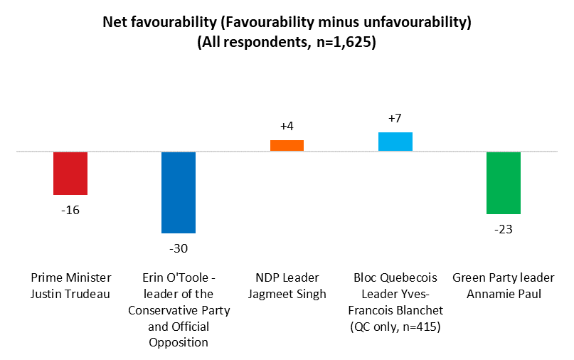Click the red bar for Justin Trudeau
click(x=70, y=173)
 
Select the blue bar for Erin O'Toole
click(x=179, y=192)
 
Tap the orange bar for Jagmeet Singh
click(x=287, y=145)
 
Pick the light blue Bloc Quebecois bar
click(x=395, y=142)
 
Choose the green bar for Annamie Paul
click(x=504, y=183)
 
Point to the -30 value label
click(x=179, y=248)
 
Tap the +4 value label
click(x=287, y=126)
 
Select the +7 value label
click(x=395, y=117)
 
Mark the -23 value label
click(x=504, y=229)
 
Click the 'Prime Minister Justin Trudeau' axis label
click(x=70, y=285)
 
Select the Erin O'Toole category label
click(x=179, y=309)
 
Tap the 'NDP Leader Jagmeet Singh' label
click(x=287, y=285)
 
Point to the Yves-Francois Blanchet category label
click(x=395, y=293)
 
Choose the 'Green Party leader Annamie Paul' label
click(x=504, y=285)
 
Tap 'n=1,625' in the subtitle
click(x=339, y=42)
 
